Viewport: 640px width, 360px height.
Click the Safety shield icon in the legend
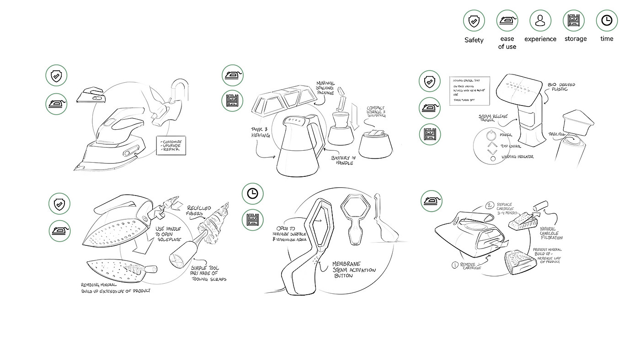pyautogui.click(x=474, y=21)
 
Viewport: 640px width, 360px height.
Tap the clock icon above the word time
pyautogui.click(x=607, y=21)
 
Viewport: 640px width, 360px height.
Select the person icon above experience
pyautogui.click(x=540, y=21)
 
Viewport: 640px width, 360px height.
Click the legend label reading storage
pyautogui.click(x=575, y=39)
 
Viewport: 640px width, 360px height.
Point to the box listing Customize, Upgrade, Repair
pyautogui.click(x=171, y=145)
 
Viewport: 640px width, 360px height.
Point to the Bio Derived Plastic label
pyautogui.click(x=561, y=87)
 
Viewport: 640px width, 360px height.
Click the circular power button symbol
pyautogui.click(x=492, y=135)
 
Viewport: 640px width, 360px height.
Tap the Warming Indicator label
pyautogui.click(x=517, y=157)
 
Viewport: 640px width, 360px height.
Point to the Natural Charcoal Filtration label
pyautogui.click(x=551, y=233)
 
